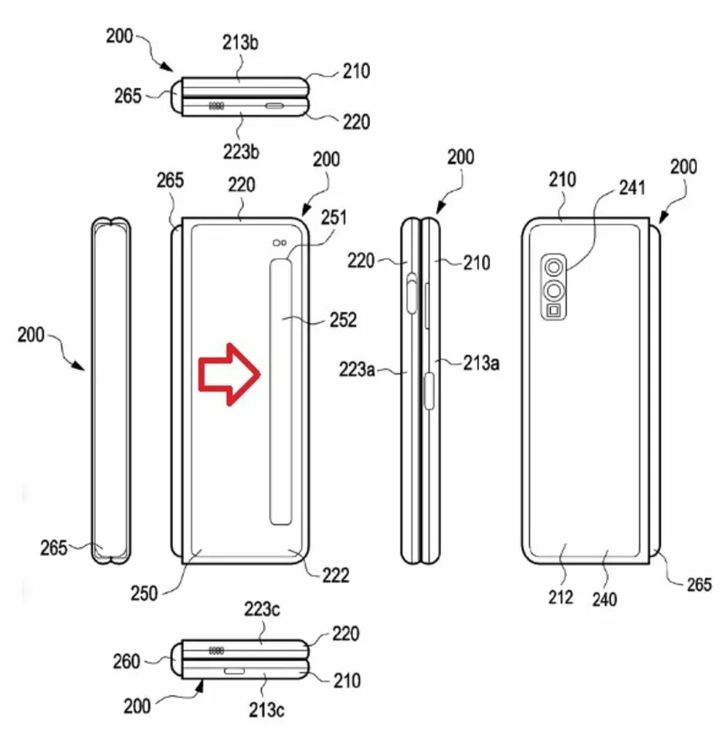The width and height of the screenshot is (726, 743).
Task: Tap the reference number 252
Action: tap(342, 320)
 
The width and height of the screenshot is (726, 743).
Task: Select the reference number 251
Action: tap(335, 219)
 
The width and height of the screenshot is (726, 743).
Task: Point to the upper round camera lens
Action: tap(553, 268)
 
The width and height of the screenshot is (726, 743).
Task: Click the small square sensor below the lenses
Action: tap(553, 311)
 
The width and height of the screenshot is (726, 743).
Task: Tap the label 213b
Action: tap(242, 43)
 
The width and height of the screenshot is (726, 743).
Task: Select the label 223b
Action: tap(242, 151)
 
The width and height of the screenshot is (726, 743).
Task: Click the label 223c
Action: tap(263, 610)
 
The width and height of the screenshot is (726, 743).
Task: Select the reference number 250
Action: tap(144, 593)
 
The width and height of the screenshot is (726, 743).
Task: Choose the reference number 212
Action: tap(561, 596)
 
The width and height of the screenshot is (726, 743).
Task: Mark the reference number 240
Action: tap(605, 599)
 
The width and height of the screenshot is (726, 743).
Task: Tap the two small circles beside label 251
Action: tap(281, 244)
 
